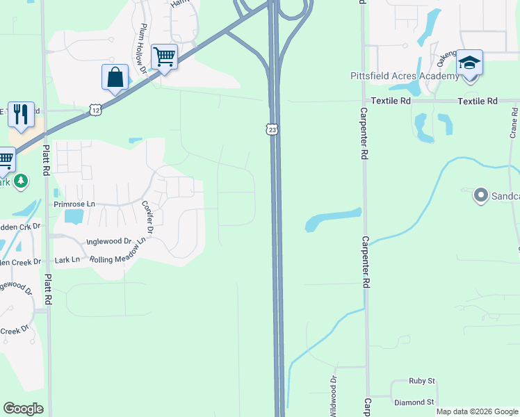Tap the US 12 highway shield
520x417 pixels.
point(95,109)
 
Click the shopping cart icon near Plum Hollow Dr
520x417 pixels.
point(164,57)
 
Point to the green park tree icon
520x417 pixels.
point(22,181)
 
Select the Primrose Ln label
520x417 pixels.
point(74,204)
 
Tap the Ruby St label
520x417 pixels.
point(421,381)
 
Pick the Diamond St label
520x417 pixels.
point(414,402)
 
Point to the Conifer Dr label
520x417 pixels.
point(147,218)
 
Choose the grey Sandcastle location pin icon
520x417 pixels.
point(480,195)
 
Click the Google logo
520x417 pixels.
point(23,409)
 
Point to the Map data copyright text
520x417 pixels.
point(477,411)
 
